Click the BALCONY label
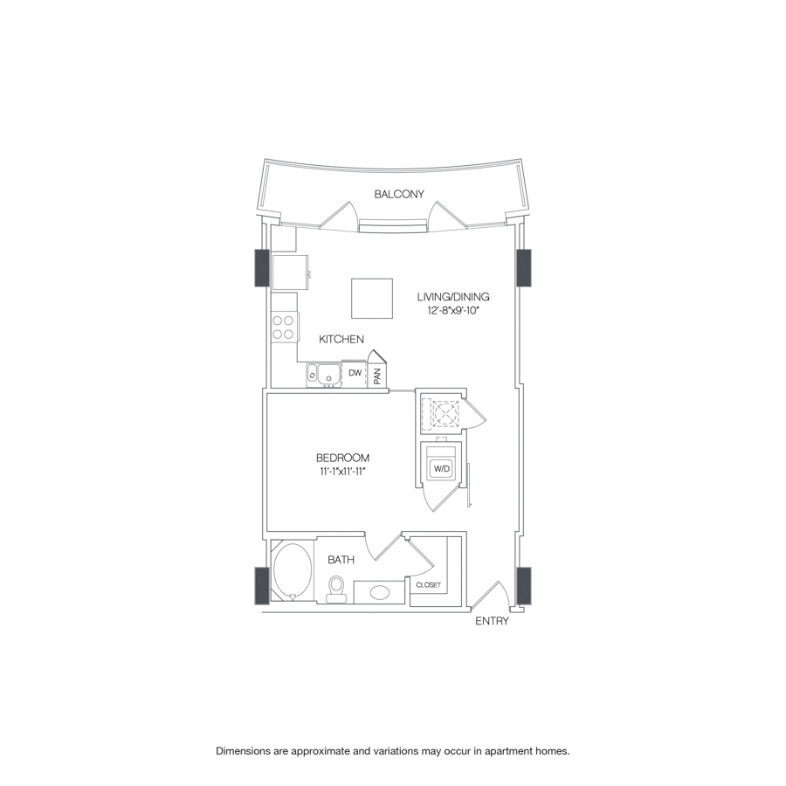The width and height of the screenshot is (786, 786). point(399,195)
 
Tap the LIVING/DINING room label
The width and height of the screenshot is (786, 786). point(453,297)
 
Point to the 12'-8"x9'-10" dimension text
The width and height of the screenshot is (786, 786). point(453,311)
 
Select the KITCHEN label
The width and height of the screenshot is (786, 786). point(341,340)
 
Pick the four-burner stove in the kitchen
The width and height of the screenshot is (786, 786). point(283,327)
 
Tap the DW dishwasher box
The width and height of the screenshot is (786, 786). point(355,373)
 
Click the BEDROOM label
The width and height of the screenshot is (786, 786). point(342,458)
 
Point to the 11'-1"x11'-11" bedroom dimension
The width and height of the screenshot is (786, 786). point(341,472)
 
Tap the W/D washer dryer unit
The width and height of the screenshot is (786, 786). point(442,469)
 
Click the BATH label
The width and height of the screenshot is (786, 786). point(341,560)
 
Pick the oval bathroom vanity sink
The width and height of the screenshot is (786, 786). point(381,593)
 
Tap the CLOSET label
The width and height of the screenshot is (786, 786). point(429,584)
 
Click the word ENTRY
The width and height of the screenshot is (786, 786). point(492,622)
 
